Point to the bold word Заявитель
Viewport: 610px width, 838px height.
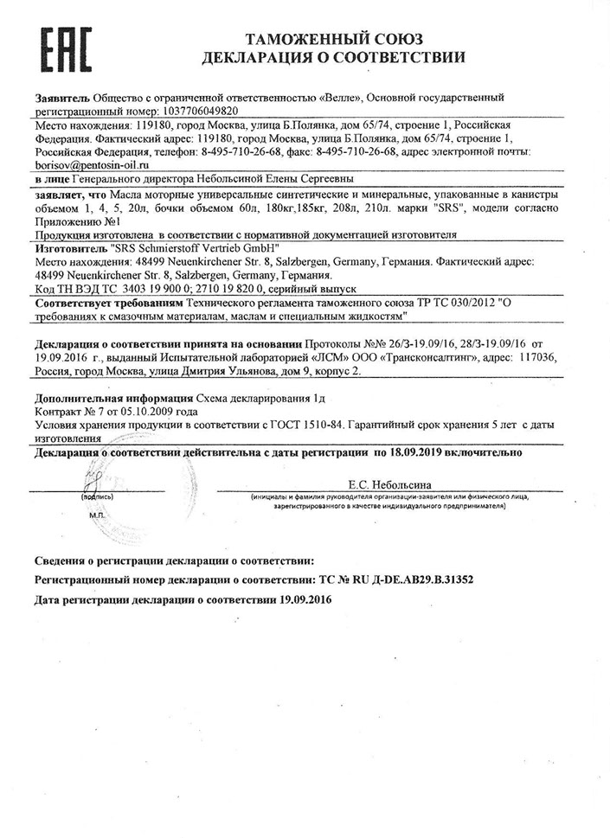pos(61,99)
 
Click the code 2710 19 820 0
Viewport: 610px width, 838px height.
pos(240,287)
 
